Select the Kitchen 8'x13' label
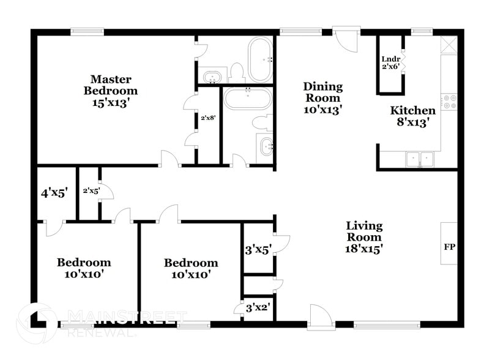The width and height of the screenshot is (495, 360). point(413,116)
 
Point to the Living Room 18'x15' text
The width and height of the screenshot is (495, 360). point(364,237)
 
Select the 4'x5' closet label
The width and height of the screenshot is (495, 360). point(53,193)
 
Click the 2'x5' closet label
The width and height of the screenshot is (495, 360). point(91,190)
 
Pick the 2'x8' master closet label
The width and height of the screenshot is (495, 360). point(209,118)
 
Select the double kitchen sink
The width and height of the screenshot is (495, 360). point(420,159)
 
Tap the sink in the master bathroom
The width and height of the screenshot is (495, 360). point(212,77)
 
